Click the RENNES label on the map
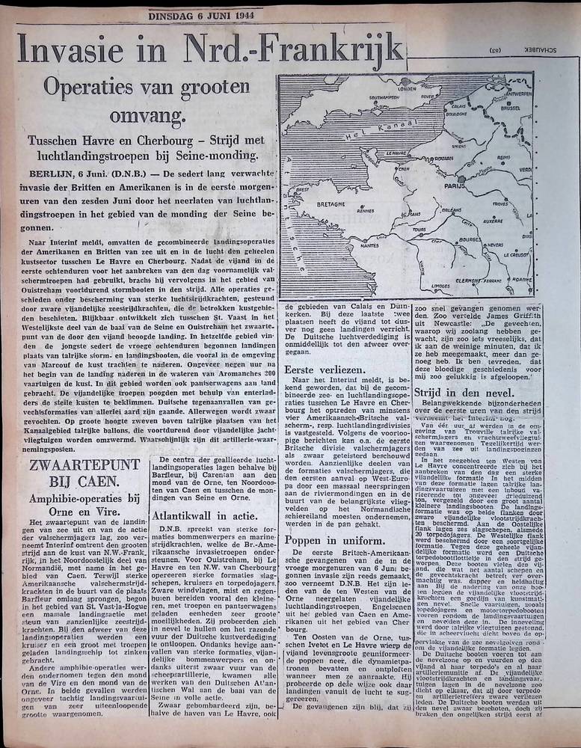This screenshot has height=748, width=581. tap(365, 210)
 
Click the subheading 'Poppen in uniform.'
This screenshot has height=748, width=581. tap(329, 541)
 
